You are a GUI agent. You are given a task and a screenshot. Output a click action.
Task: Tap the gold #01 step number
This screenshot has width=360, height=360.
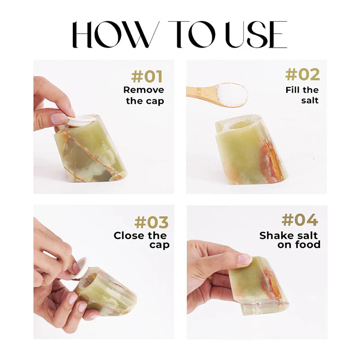point(147,76)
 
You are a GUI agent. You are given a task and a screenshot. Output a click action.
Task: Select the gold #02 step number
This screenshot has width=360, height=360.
point(302,75)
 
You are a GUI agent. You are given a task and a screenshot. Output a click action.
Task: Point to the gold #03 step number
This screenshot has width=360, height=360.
point(152,222)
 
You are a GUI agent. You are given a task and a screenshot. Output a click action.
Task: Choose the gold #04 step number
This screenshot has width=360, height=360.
point(300,220)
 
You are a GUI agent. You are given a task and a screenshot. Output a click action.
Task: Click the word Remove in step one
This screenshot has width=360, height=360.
point(144,90)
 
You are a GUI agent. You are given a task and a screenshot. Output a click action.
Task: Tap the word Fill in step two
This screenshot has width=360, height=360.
point(292,90)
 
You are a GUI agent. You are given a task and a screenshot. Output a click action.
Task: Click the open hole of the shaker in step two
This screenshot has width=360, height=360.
point(239,126)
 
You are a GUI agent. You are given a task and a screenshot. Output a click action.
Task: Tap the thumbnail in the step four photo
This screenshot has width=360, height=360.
point(245,259)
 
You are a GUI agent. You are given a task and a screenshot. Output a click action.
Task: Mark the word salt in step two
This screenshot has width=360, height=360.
point(310,100)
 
